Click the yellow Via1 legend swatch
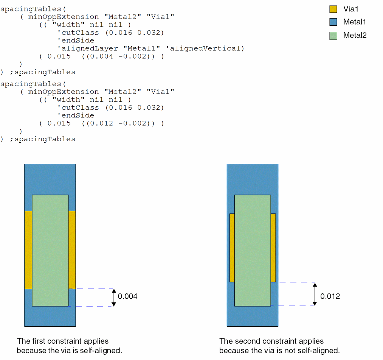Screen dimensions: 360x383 point(333,9)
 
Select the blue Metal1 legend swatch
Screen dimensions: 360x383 point(333,22)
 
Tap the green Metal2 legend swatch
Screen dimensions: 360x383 point(333,36)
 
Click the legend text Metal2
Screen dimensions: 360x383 point(355,36)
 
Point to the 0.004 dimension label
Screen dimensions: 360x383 point(128,296)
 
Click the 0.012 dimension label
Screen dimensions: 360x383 point(330,296)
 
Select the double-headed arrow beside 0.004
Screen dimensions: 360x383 point(114,297)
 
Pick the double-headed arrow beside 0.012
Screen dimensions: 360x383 point(315,294)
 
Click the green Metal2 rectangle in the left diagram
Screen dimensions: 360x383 point(50,250)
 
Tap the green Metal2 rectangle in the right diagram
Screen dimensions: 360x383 point(253,250)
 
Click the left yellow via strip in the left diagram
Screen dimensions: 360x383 point(28,250)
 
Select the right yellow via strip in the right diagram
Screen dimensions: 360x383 point(273,248)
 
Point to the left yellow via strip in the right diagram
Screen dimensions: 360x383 point(232,248)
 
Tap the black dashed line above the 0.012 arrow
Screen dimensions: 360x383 point(297,282)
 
